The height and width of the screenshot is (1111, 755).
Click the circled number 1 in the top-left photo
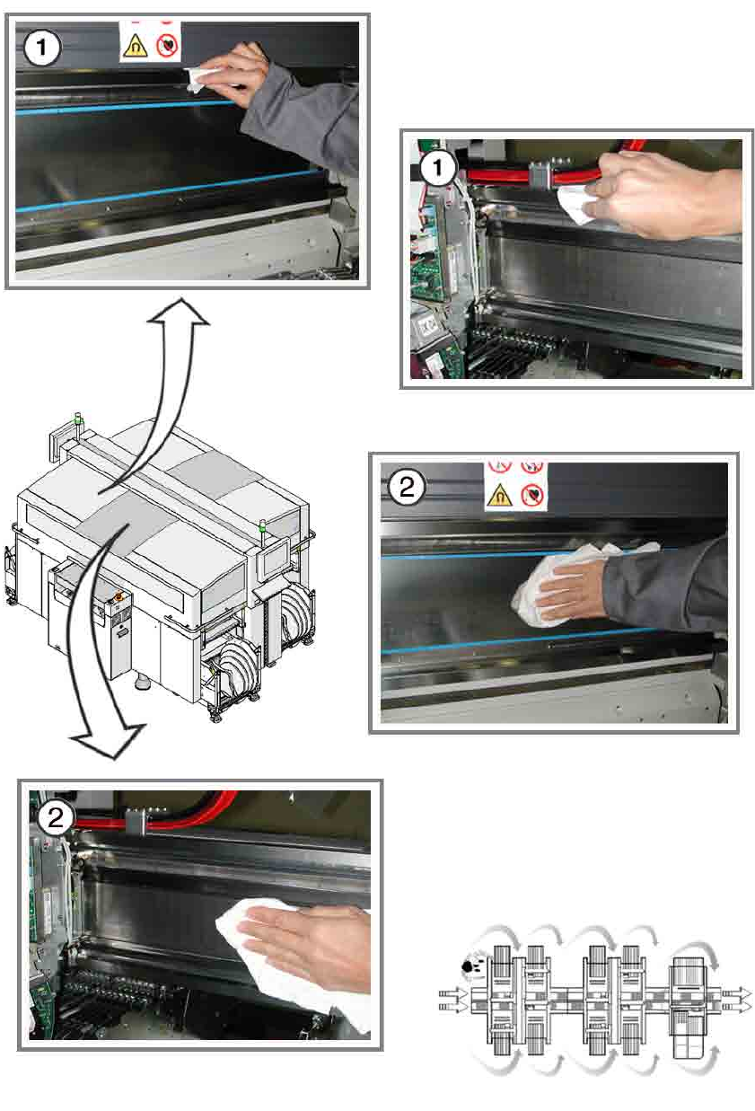41,48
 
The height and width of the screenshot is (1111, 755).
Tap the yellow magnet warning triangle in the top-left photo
135,46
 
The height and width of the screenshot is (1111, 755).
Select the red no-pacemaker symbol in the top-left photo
167,46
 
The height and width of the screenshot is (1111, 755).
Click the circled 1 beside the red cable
438,167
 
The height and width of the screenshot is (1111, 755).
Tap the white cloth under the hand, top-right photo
575,205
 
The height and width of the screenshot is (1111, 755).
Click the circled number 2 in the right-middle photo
407,487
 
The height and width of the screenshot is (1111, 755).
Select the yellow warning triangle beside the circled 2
500,495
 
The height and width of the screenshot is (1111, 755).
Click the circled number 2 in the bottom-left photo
55,817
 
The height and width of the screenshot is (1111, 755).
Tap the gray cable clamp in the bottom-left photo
135,822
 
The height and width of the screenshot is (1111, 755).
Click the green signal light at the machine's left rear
78,420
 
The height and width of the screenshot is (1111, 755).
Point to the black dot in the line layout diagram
467,966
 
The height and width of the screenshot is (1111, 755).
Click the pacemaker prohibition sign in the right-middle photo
532,495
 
